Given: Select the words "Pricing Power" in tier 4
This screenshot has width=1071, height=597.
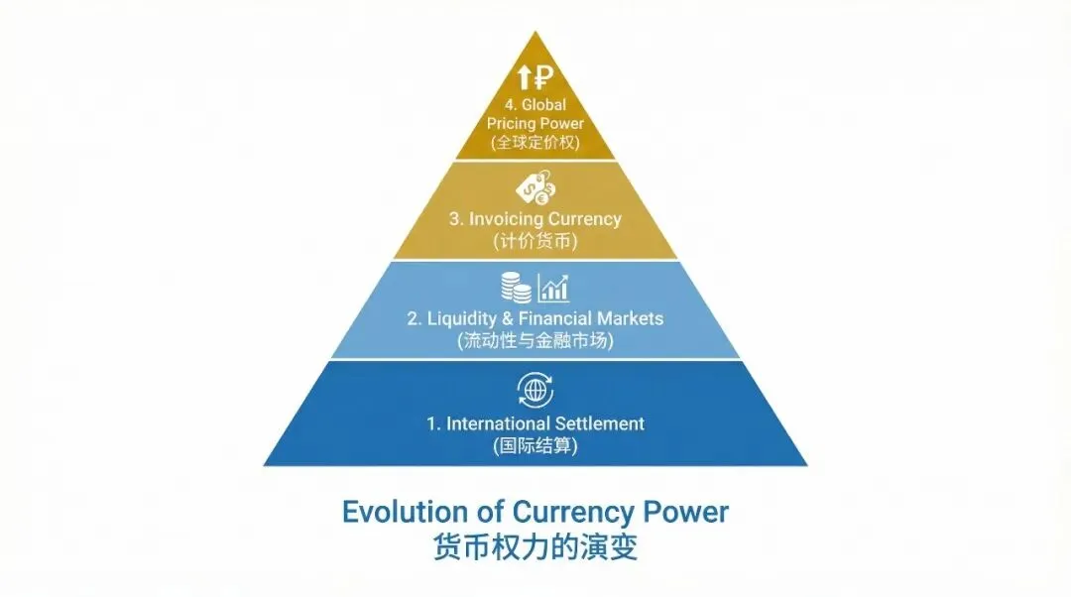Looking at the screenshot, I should (535, 123).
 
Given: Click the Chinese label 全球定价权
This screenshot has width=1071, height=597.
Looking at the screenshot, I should (535, 143).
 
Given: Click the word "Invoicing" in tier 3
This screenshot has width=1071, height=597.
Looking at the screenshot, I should (505, 219).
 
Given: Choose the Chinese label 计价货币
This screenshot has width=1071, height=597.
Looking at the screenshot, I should (535, 241).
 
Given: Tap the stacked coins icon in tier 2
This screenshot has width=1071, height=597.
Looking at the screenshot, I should (515, 288).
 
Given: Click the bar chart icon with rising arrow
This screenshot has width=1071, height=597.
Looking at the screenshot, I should (553, 288).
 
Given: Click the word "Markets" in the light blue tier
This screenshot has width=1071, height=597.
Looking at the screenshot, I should (630, 319).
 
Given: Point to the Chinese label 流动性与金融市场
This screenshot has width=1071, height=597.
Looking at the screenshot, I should (535, 341).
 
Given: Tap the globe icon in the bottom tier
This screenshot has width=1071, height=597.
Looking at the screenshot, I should (535, 390).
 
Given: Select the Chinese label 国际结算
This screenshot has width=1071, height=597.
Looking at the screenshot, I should (535, 446).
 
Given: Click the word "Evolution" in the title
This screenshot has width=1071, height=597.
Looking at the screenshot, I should (405, 512).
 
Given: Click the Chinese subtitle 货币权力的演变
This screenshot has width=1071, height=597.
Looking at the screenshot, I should (535, 547).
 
